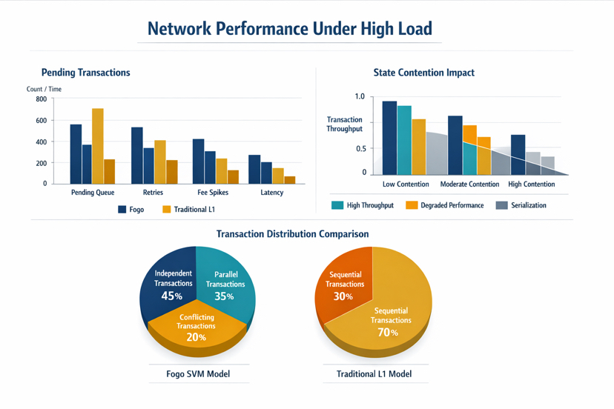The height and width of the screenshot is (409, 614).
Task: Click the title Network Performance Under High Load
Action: click(289, 29)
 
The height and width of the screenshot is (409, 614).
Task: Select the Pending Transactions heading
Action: click(85, 73)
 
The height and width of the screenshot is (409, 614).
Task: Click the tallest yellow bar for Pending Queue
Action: click(97, 146)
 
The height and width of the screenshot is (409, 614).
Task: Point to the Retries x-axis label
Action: click(153, 193)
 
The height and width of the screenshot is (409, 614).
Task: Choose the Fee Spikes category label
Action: click(213, 193)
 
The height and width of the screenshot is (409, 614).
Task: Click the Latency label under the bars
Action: click(272, 193)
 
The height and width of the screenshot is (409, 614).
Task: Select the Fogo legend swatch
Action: click(122, 210)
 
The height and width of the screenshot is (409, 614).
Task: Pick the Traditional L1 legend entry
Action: click(188, 210)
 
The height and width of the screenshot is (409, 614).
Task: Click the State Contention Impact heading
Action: click(423, 73)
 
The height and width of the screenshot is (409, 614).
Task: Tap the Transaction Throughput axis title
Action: click(345, 124)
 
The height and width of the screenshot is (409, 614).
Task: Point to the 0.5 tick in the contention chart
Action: click(360, 149)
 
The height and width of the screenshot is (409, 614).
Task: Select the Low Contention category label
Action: click(406, 184)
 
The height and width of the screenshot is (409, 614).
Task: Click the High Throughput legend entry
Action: click(363, 205)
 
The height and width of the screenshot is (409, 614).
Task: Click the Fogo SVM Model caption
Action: click(198, 374)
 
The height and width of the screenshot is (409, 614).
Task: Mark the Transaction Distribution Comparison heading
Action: click(292, 234)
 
